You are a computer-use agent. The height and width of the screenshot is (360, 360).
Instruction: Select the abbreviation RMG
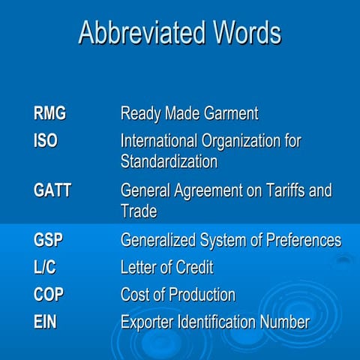point(50,114)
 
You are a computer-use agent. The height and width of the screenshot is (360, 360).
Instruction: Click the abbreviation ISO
point(46,140)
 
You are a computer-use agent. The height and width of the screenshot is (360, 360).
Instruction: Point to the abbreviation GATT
point(52,190)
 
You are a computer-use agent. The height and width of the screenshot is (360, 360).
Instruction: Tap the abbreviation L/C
point(45,267)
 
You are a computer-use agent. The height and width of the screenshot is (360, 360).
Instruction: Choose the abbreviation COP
point(49,294)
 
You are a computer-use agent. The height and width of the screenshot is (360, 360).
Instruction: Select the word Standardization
point(169,161)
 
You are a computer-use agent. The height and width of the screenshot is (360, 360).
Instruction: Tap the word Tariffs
point(281,190)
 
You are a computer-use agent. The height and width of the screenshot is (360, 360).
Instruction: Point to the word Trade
point(139,211)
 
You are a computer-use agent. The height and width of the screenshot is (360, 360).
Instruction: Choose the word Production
point(200,294)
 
